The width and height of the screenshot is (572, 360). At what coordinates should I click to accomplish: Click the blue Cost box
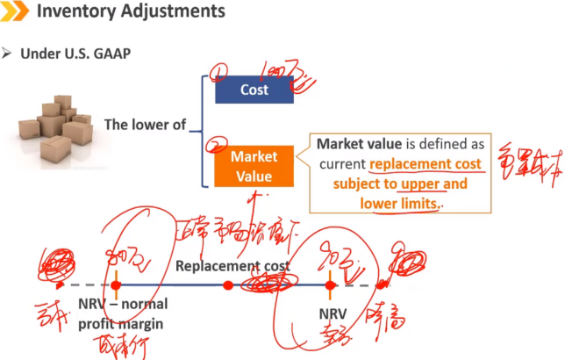tap(254, 90)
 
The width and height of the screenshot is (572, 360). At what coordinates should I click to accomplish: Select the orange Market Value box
tap(254, 166)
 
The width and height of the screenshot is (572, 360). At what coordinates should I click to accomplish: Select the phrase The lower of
tap(145, 125)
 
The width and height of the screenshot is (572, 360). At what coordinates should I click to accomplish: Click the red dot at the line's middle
tap(228, 284)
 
